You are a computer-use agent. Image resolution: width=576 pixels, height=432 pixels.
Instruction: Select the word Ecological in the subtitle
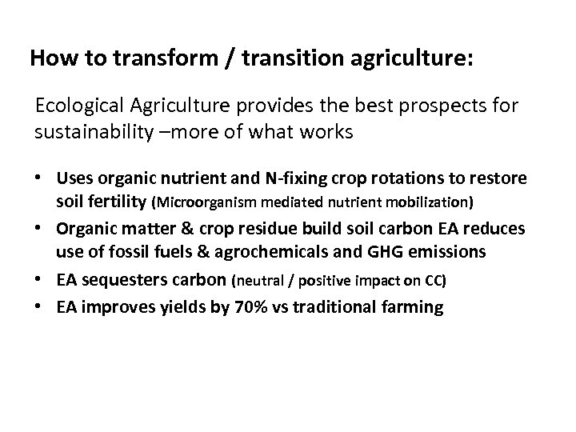tap(72, 106)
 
